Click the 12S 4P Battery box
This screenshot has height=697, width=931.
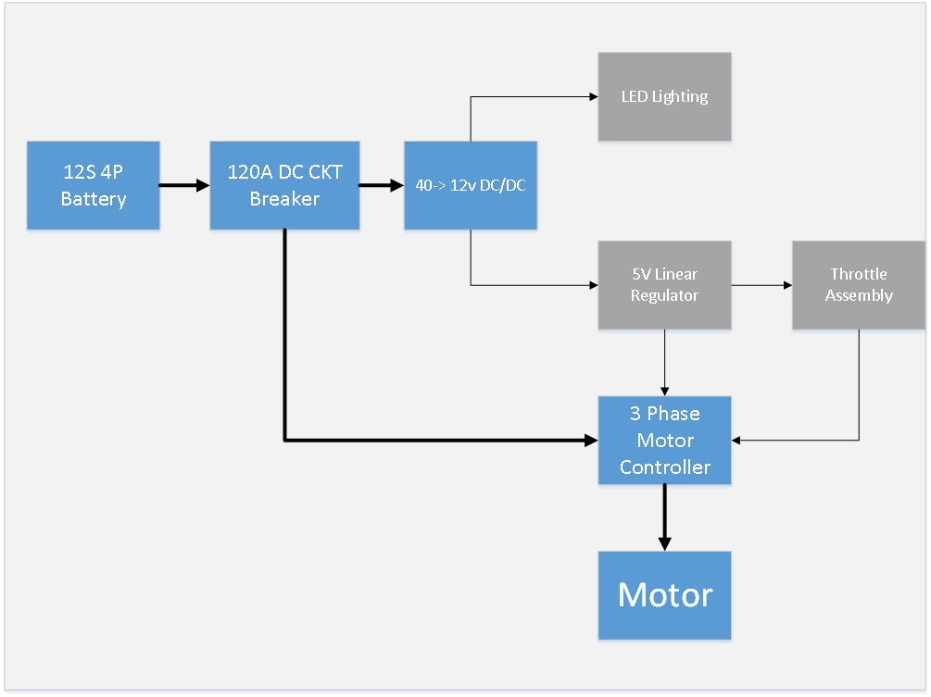[x=94, y=185]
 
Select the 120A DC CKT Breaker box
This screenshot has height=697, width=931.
[x=284, y=185]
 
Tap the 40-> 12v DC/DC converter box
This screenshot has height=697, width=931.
[x=471, y=185]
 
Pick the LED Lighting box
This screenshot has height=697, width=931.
[x=664, y=96]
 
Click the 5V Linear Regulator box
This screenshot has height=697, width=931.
[x=664, y=285]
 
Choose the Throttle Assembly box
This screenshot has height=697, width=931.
[x=859, y=285]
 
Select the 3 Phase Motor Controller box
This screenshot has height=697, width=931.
[x=664, y=441]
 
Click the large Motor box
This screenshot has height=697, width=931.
[x=664, y=595]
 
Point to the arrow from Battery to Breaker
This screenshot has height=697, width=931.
[x=184, y=185]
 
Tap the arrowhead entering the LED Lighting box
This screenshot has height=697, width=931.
[x=591, y=96]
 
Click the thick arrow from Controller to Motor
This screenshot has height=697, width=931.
[x=664, y=517]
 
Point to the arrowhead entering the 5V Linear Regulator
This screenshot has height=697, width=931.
[x=591, y=285]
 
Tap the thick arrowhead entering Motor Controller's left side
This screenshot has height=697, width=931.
[x=590, y=440]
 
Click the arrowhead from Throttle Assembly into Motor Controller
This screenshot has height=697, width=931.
[x=738, y=440]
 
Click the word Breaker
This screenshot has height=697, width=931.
[x=284, y=198]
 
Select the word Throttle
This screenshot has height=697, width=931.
[x=859, y=274]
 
